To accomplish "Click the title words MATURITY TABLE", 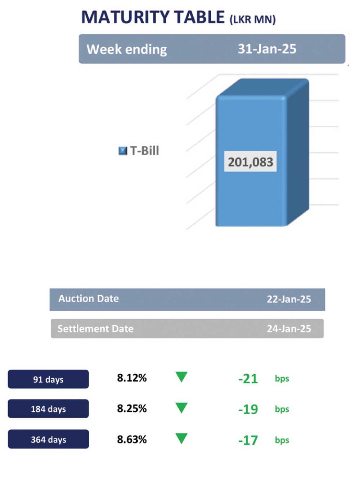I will click(x=153, y=17).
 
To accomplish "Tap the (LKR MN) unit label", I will click(x=253, y=19).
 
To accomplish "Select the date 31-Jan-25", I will click(x=267, y=49).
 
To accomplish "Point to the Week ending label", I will click(x=127, y=49).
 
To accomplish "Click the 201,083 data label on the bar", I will click(x=251, y=162).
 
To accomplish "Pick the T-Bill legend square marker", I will click(x=123, y=151).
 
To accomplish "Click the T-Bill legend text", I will click(x=144, y=151).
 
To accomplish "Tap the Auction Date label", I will click(x=89, y=299).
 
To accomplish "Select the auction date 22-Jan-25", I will click(x=289, y=299).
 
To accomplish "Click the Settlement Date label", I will click(x=95, y=329).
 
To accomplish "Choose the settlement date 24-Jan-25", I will click(x=289, y=329).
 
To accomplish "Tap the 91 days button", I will click(x=48, y=379).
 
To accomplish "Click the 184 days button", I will click(x=48, y=409).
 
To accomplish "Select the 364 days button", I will click(x=48, y=440).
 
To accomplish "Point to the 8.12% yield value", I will click(x=132, y=378).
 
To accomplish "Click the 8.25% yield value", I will click(x=132, y=409).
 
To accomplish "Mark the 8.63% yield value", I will click(x=132, y=440).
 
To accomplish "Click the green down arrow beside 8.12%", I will click(x=181, y=377).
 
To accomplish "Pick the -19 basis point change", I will click(x=248, y=409).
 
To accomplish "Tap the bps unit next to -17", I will click(x=282, y=440).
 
